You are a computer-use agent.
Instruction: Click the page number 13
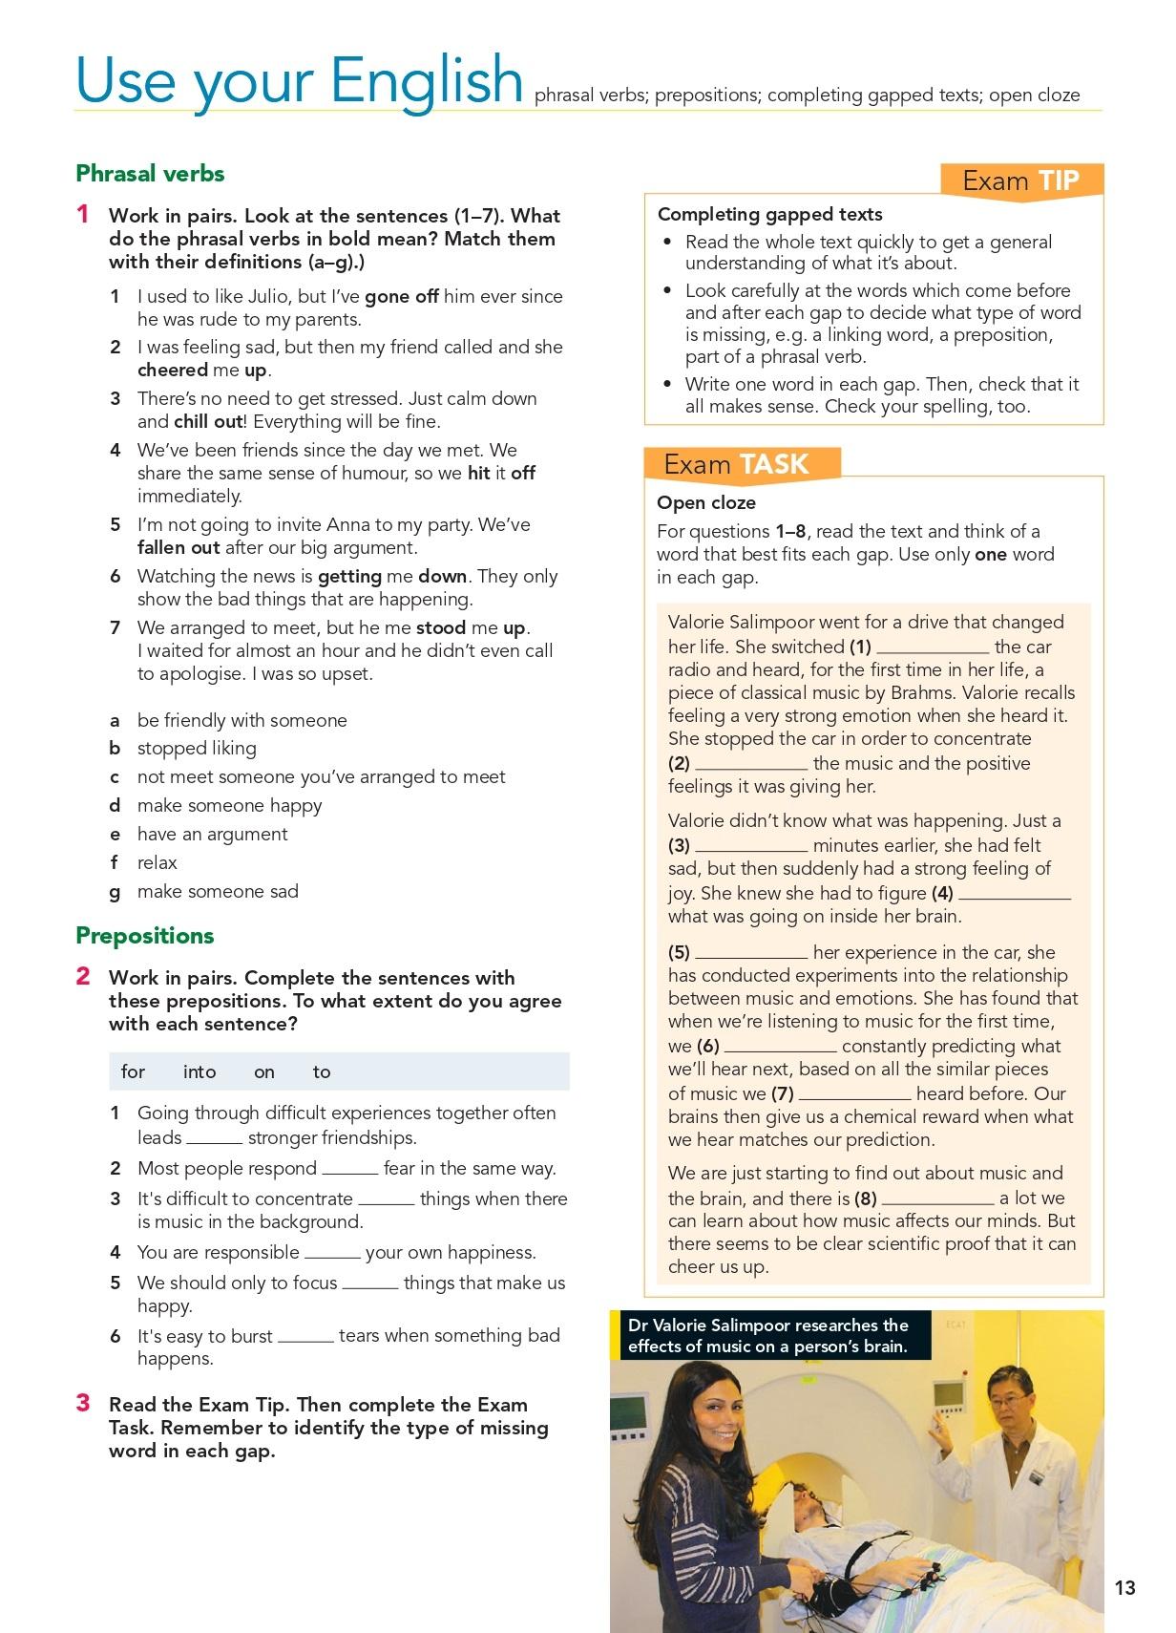tap(1124, 1587)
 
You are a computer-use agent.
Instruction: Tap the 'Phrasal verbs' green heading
tap(150, 174)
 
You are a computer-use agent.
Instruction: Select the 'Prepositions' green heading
tap(144, 936)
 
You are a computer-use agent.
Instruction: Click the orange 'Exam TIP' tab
tap(1020, 180)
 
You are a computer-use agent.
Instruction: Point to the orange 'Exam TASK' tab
tap(736, 464)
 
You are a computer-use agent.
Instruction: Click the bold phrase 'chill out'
tap(208, 422)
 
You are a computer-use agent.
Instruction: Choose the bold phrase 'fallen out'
tap(178, 548)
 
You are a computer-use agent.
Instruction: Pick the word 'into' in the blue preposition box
tap(199, 1072)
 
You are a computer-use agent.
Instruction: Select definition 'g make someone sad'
tap(218, 892)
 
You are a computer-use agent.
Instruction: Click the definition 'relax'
tap(157, 863)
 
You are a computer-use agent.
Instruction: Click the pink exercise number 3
tap(84, 1403)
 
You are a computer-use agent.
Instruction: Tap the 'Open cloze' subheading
tap(706, 503)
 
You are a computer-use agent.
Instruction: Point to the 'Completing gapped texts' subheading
tap(769, 215)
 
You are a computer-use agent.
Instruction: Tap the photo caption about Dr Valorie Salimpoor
tap(767, 1336)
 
